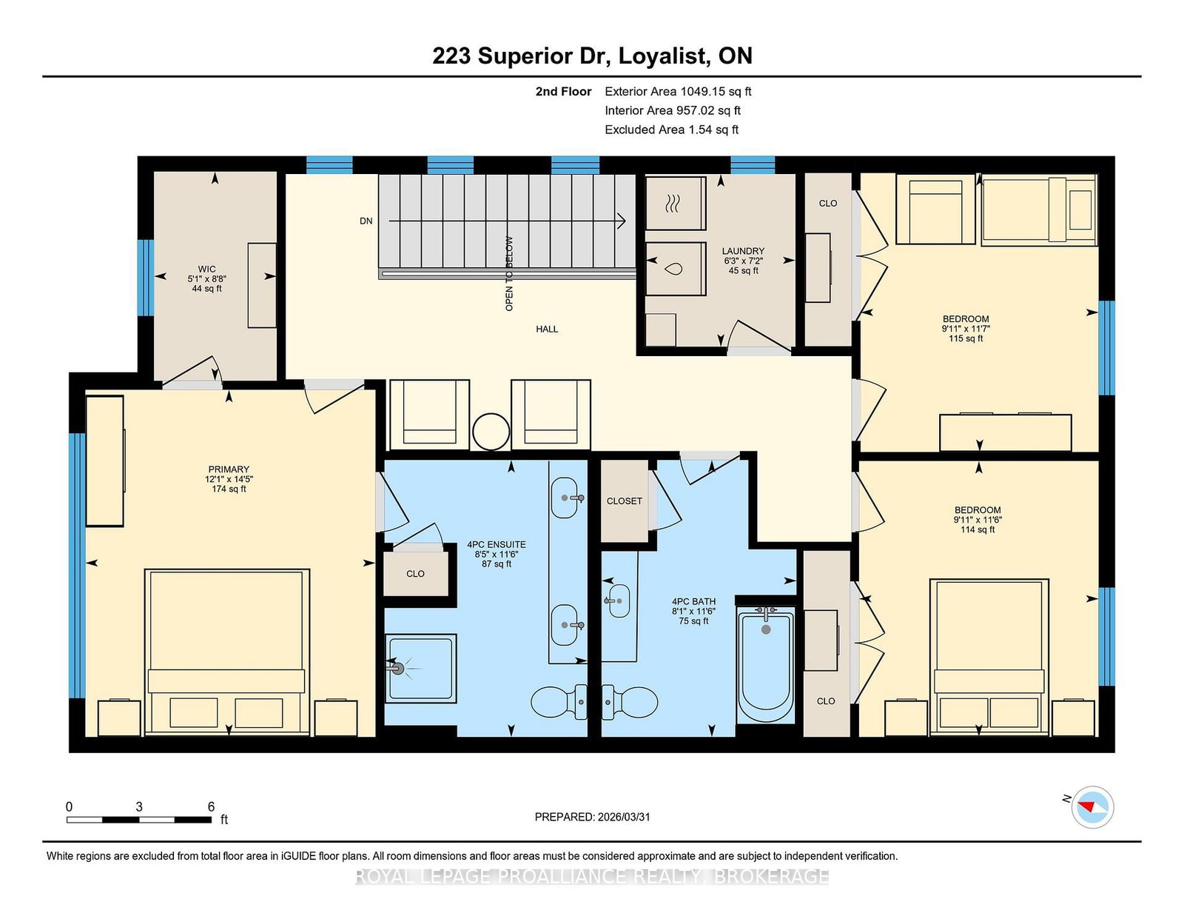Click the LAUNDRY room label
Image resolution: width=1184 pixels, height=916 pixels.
click(743, 251)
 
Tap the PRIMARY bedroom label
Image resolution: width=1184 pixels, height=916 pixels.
click(229, 469)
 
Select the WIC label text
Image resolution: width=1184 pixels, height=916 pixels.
click(206, 270)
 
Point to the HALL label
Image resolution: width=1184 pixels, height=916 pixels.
click(547, 329)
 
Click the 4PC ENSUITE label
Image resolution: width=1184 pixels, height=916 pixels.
click(496, 545)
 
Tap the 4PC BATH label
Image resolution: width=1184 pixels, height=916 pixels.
click(693, 601)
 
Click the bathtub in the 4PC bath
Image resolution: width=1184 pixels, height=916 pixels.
click(766, 664)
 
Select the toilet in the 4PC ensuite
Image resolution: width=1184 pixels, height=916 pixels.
click(559, 702)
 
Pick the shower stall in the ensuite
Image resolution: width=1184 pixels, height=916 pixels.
click(420, 669)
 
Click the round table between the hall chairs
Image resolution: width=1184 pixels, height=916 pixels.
click(491, 432)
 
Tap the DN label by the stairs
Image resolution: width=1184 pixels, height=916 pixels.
click(366, 221)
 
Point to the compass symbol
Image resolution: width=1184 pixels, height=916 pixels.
click(1092, 807)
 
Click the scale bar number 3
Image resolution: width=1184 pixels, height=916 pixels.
click(139, 806)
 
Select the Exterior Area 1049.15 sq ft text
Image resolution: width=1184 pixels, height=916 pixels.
click(678, 92)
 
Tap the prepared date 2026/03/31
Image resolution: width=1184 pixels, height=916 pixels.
click(623, 817)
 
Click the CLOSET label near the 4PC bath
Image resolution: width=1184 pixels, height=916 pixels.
click(625, 501)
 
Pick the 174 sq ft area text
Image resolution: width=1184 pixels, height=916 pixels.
click(229, 489)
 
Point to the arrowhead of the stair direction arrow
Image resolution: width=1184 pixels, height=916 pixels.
click(622, 221)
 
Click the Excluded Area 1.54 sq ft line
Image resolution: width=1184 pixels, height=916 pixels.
click(672, 130)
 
